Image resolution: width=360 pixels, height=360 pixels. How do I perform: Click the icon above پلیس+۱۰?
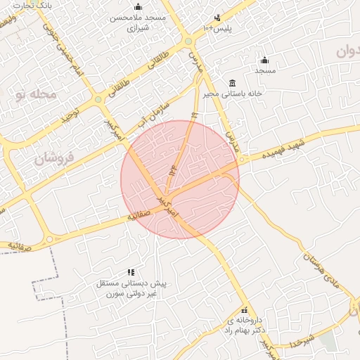click(217, 17)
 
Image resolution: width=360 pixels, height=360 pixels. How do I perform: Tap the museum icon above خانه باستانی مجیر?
click(232, 82)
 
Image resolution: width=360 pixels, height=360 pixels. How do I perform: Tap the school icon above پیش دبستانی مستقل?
click(130, 271)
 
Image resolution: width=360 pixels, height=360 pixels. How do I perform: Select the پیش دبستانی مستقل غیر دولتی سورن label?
click(130, 288)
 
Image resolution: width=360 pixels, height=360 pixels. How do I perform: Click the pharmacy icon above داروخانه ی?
click(244, 310)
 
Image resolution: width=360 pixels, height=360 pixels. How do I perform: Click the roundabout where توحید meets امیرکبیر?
click(98, 99)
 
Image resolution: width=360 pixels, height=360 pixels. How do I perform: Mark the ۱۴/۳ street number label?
click(173, 170)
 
